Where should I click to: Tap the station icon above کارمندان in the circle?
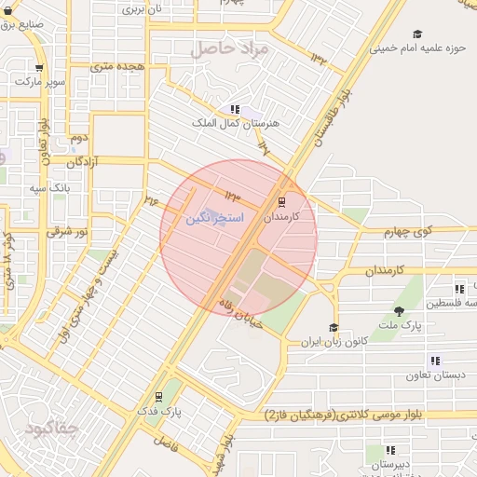coord(281,200)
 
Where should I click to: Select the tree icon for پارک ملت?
coord(400,311)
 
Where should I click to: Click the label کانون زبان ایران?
coord(334,342)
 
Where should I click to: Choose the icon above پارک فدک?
coord(158,394)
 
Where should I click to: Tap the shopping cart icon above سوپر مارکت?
coord(38,67)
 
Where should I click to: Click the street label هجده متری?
coord(116,67)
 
